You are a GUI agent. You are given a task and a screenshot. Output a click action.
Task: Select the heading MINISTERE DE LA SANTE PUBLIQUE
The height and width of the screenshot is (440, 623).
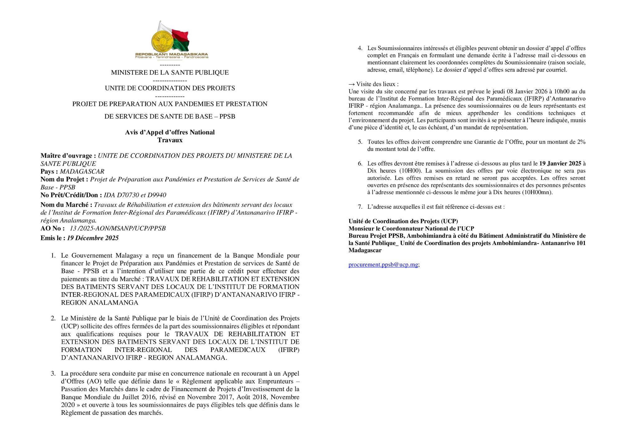[170, 73]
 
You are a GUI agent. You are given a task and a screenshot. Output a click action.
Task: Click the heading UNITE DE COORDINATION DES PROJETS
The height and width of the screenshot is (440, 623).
[170, 88]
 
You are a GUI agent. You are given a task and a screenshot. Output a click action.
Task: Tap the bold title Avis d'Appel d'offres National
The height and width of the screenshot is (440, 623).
[170, 132]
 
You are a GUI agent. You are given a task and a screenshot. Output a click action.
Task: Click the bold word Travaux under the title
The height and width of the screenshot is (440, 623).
[170, 140]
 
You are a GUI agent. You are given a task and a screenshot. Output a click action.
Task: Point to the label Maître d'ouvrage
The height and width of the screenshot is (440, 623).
[66, 156]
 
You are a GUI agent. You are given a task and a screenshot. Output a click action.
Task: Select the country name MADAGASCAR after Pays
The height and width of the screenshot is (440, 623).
[82, 171]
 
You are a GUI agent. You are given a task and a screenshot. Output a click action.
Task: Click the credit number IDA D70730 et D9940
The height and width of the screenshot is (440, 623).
[135, 195]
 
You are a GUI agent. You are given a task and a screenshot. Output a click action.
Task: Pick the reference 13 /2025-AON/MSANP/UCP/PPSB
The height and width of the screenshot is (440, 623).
[118, 228]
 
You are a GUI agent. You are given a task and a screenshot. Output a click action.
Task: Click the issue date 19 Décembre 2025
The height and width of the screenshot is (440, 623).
[93, 238]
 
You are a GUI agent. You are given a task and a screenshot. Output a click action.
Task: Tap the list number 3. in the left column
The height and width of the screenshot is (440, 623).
[53, 373]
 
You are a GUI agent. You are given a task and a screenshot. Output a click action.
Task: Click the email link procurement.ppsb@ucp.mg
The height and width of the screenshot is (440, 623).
[383, 264]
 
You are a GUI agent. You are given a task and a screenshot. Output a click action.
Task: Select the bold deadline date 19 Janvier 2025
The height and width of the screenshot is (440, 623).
[560, 163]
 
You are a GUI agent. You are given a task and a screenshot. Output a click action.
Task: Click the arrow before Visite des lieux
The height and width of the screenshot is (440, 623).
[352, 84]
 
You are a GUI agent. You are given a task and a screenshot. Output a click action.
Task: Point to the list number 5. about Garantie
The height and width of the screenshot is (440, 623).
[360, 142]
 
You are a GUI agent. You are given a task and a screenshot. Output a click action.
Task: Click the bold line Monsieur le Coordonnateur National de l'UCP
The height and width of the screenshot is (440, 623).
[411, 228]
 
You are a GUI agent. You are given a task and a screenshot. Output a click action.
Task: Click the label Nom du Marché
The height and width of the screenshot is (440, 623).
[66, 205]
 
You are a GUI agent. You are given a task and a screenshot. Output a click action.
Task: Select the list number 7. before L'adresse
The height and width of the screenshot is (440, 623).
[360, 207]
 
